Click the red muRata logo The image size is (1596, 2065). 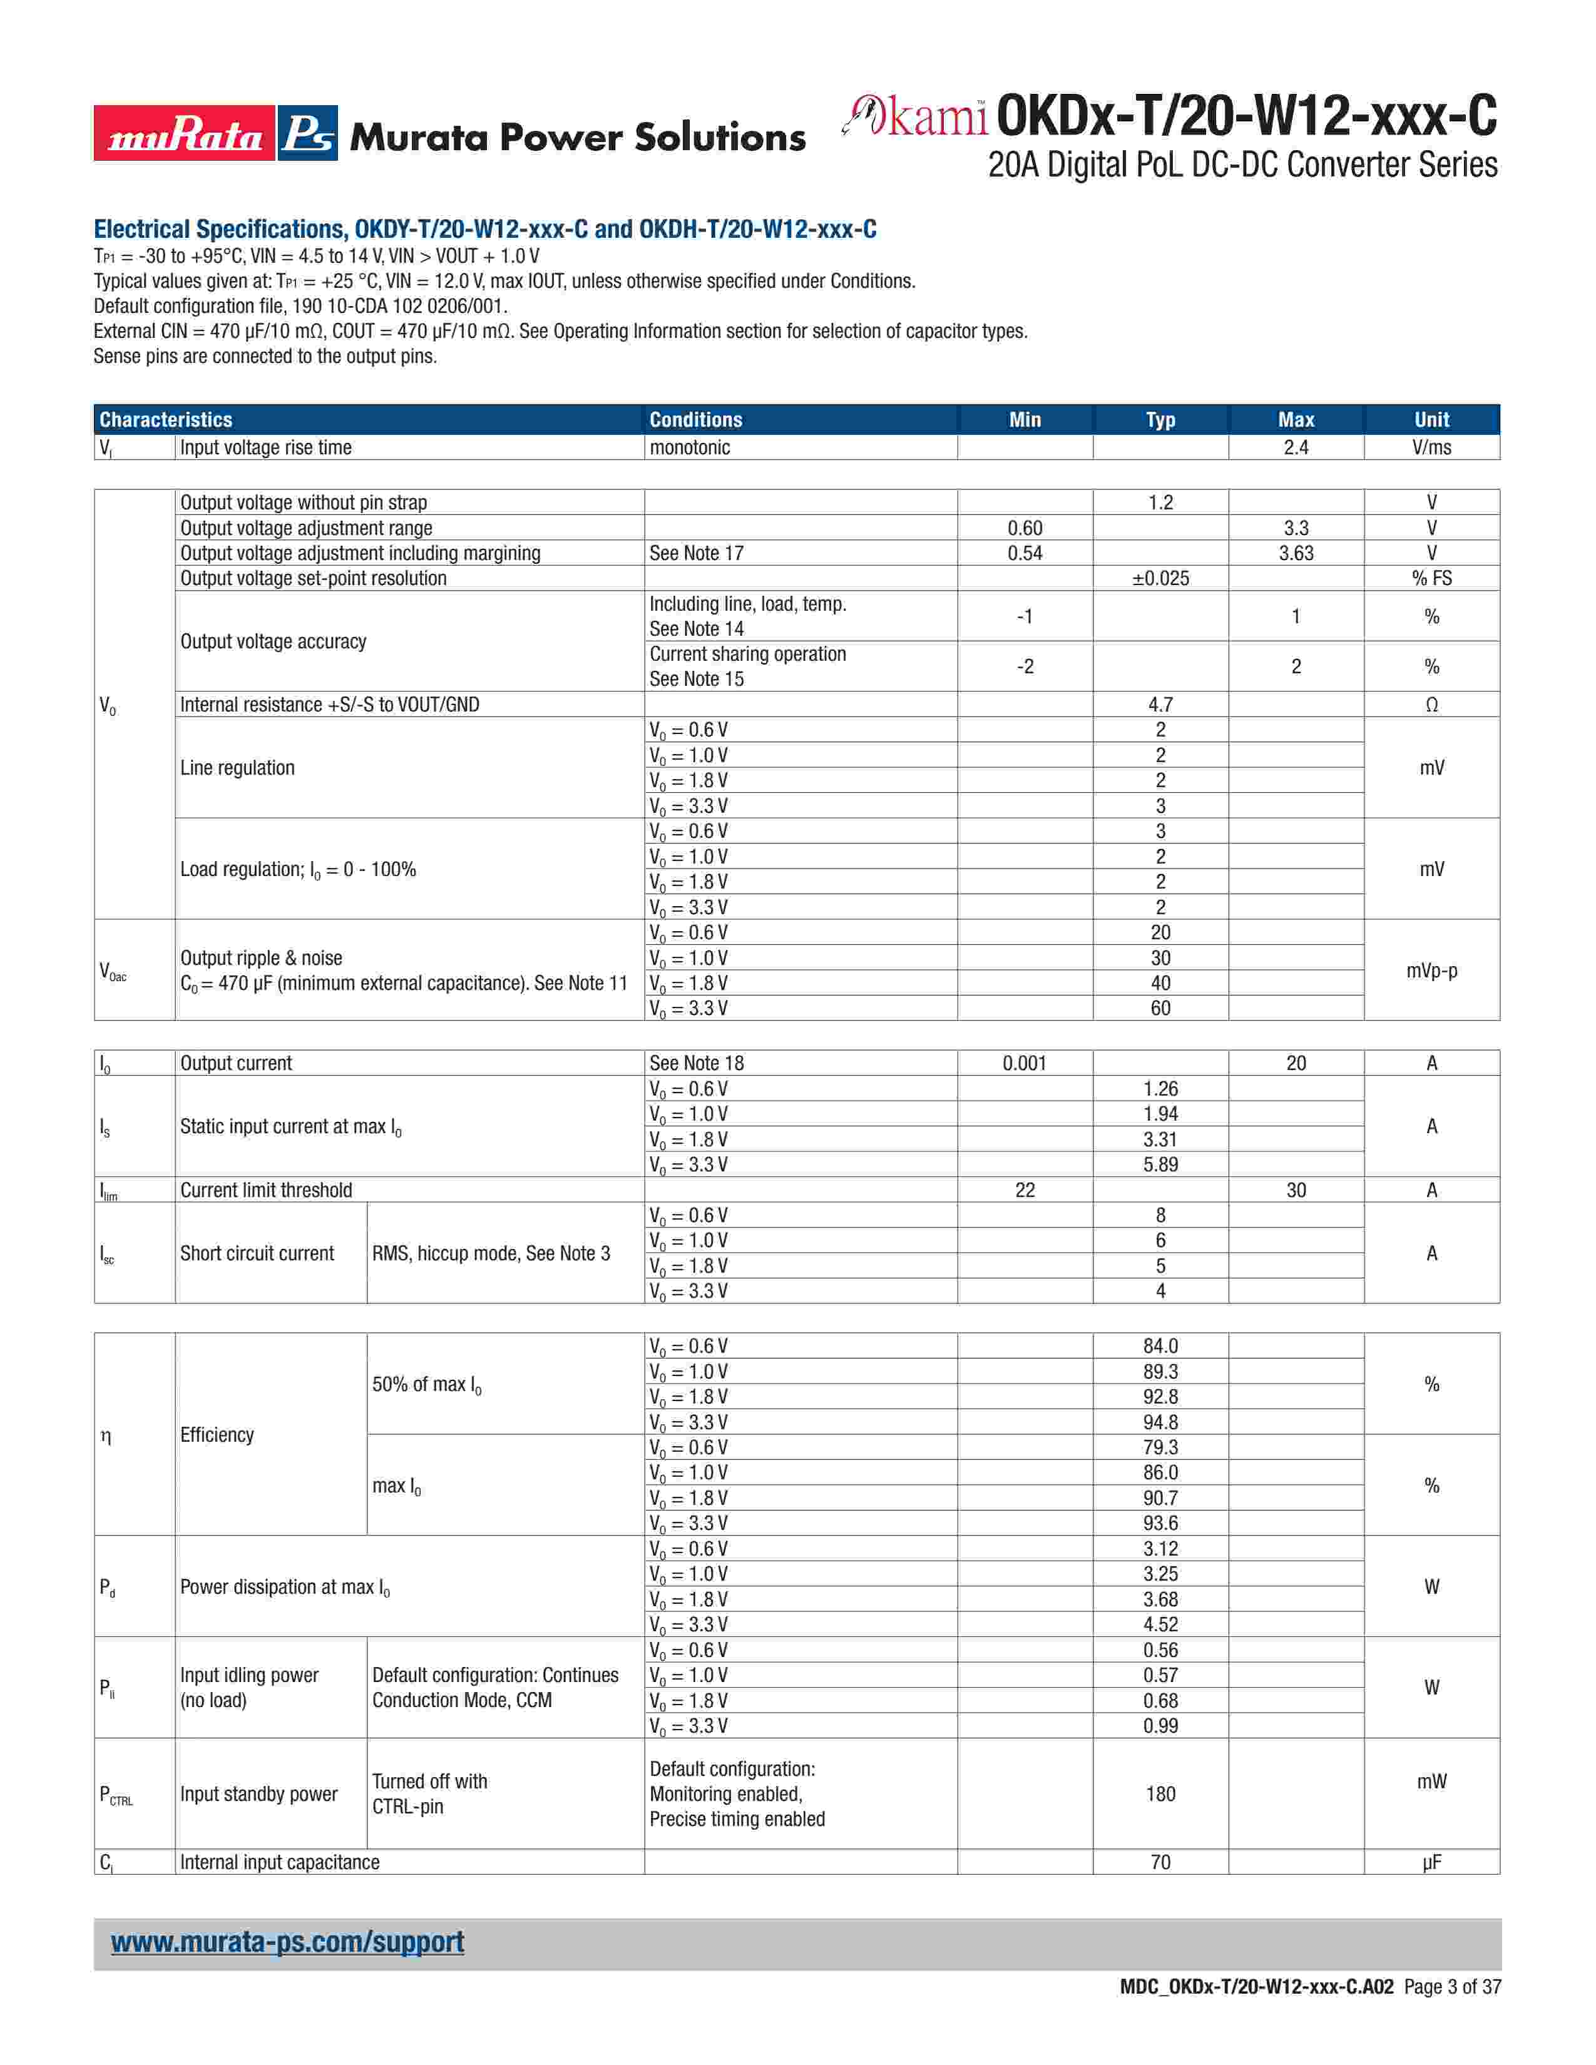[x=185, y=133]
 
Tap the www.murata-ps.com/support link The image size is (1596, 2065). [x=287, y=1942]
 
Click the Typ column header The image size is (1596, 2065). [x=1160, y=420]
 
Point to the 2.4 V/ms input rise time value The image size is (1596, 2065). [x=1296, y=447]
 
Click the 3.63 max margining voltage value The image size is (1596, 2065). [x=1296, y=553]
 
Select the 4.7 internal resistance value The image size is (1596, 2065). [x=1160, y=705]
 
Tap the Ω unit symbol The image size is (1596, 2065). [x=1431, y=705]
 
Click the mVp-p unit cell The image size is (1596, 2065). [x=1431, y=970]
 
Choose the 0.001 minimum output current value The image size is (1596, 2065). [x=1024, y=1063]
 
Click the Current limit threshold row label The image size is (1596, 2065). [x=265, y=1190]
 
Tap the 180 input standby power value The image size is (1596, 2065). [x=1160, y=1793]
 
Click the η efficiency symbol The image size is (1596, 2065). [x=106, y=1435]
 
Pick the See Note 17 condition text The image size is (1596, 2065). [x=696, y=553]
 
